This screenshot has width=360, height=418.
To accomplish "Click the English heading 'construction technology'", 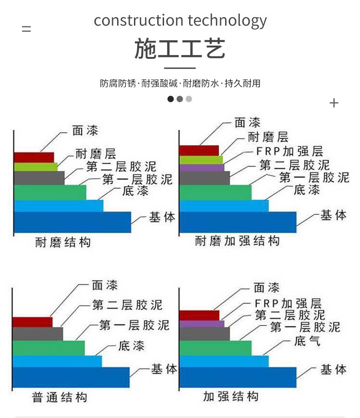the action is pyautogui.click(x=180, y=21).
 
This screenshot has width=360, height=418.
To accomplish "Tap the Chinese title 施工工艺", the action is pyautogui.click(x=180, y=48).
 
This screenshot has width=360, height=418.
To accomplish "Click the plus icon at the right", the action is pyautogui.click(x=334, y=103).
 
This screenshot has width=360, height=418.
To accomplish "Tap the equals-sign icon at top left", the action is pyautogui.click(x=26, y=29).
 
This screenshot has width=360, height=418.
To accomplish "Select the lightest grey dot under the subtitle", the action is pyautogui.click(x=189, y=99).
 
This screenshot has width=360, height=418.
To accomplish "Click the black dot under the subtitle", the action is pyautogui.click(x=170, y=99).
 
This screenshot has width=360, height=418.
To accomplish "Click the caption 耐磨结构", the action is pyautogui.click(x=63, y=243).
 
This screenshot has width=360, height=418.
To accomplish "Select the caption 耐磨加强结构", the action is pyautogui.click(x=237, y=241).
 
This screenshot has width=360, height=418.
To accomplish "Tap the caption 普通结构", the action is pyautogui.click(x=59, y=397).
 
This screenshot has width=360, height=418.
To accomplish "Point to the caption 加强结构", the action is pyautogui.click(x=231, y=397).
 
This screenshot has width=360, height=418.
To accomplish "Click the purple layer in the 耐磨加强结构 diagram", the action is pyautogui.click(x=202, y=168).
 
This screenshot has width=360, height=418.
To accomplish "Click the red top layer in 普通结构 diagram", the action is pyautogui.click(x=32, y=322).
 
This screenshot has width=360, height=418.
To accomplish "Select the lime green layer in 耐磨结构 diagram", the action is pyautogui.click(x=36, y=167).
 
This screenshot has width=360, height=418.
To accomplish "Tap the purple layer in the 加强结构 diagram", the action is pyautogui.click(x=202, y=324).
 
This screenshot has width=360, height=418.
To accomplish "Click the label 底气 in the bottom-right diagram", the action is pyautogui.click(x=307, y=341).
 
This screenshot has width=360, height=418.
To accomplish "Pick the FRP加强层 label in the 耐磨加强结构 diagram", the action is pyautogui.click(x=290, y=151).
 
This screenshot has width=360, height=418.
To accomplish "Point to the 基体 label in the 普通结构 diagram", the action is pyautogui.click(x=164, y=369).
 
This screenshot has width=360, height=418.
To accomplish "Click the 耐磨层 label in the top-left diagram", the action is pyautogui.click(x=96, y=154).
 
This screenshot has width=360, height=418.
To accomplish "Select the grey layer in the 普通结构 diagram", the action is pyautogui.click(x=37, y=334).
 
